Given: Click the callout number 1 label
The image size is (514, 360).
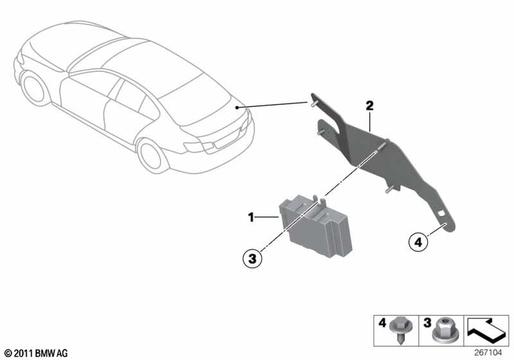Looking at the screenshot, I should pos(251,218).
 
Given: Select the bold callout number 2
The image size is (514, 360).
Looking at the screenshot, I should pos(369,106).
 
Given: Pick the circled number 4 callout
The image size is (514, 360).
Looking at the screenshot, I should pos(418,241).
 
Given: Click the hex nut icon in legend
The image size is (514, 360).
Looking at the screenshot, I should pos(444,330).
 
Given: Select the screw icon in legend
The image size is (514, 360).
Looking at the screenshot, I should pos(400,331).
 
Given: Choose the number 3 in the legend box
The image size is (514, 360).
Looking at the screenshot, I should pos(426,323).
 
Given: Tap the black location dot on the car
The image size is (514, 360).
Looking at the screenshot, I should pos(236,107).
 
